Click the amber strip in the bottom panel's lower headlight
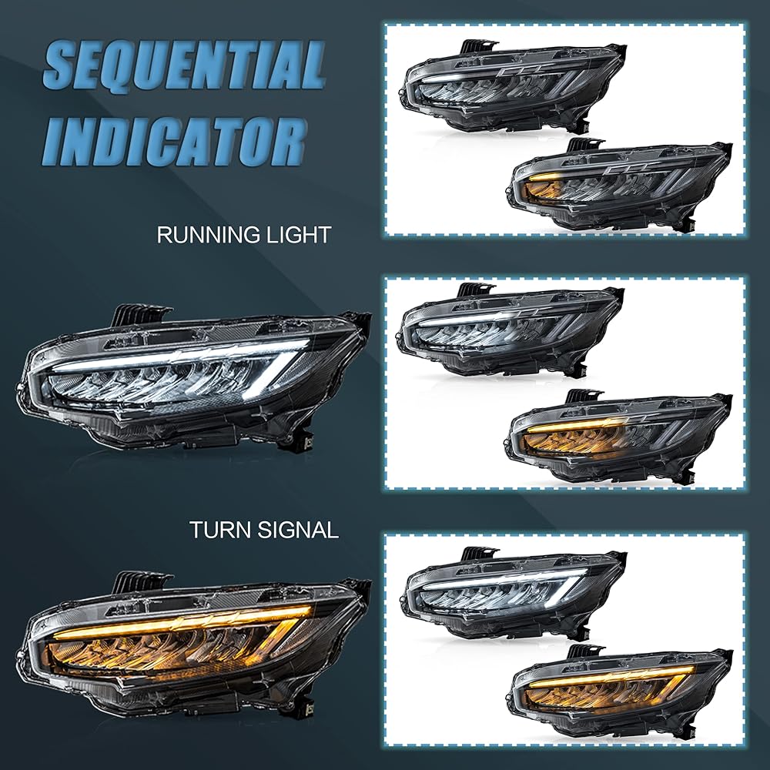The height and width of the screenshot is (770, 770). [x=608, y=674]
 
